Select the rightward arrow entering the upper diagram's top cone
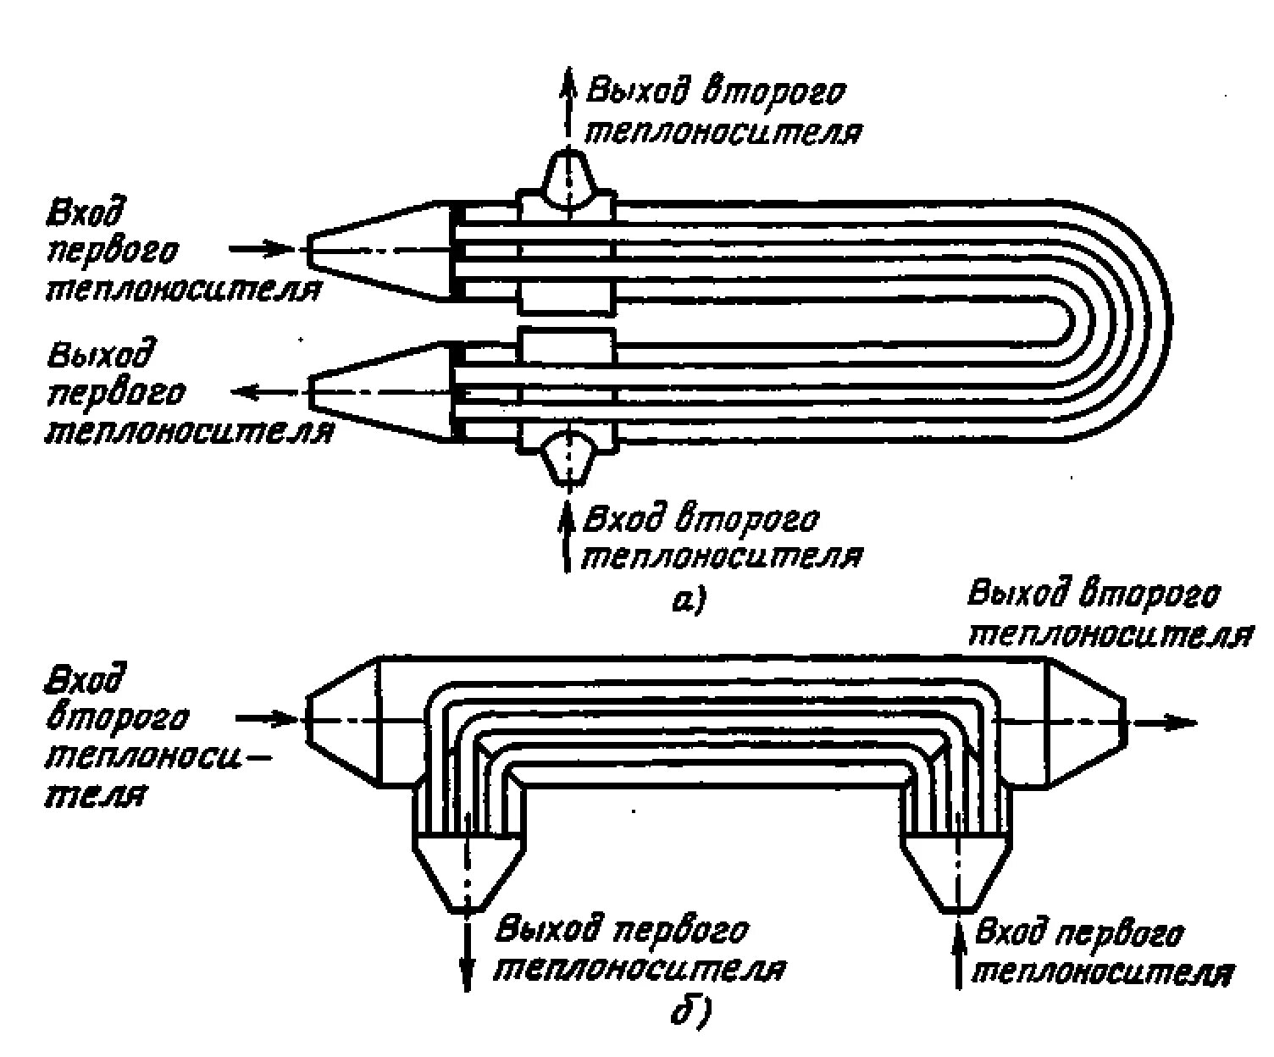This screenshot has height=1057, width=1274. coord(263,249)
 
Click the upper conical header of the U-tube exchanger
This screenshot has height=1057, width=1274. coord(377,250)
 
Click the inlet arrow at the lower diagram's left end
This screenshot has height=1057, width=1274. coord(268,719)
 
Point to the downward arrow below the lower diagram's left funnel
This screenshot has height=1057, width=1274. coord(466,953)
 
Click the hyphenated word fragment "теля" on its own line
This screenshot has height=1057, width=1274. coord(93,796)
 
